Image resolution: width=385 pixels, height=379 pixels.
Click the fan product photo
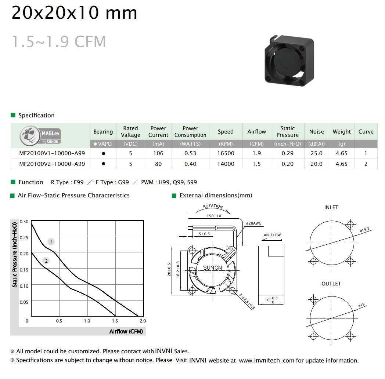click(x=289, y=61)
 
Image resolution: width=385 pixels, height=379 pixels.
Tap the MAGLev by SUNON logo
click(x=40, y=136)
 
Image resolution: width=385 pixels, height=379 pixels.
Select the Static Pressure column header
click(x=288, y=132)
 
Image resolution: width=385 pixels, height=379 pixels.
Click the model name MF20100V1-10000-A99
click(x=52, y=153)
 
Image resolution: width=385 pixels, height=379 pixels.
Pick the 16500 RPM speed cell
click(x=226, y=153)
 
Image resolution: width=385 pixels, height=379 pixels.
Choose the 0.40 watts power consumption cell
click(x=190, y=164)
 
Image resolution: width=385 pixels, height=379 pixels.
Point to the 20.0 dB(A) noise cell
click(x=317, y=164)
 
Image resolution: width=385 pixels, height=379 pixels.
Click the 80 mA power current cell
click(x=158, y=164)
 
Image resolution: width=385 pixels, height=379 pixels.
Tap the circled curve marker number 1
click(x=51, y=242)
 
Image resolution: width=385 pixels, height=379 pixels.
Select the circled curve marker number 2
click(x=46, y=261)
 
